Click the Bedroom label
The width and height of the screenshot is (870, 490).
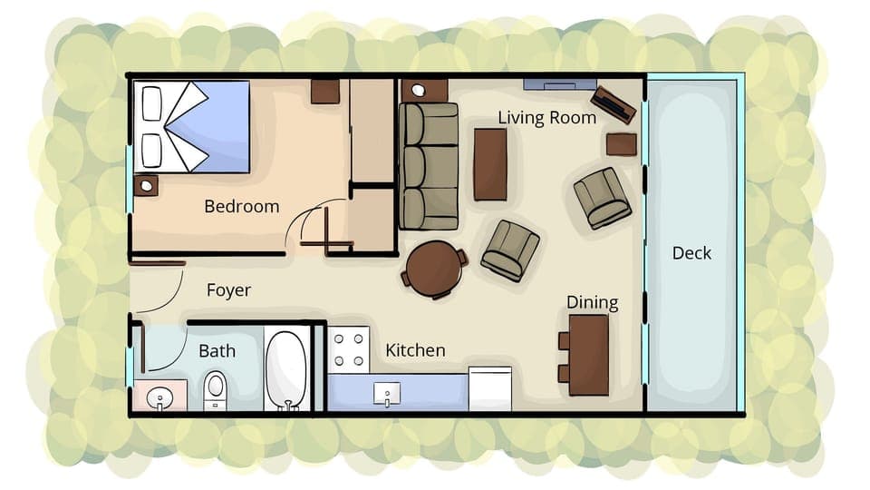[x=241, y=207]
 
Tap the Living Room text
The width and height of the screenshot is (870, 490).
[x=546, y=118]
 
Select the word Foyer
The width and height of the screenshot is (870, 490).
[x=228, y=290]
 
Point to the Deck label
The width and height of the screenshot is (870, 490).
[x=691, y=253]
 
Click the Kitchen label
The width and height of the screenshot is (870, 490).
[x=415, y=350]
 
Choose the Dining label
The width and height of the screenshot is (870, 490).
[x=592, y=303]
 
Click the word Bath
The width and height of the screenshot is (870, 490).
[x=217, y=350]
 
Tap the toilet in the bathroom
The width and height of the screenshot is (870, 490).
[x=215, y=389]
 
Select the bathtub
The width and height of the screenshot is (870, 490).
[x=287, y=370]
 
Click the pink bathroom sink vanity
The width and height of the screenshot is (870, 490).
[x=160, y=396]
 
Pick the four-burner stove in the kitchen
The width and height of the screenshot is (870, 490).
[x=349, y=349]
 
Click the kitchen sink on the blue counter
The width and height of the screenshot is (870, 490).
[x=387, y=393]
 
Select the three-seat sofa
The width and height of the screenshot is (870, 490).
[x=430, y=166]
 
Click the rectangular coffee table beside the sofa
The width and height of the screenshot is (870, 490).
[x=490, y=164]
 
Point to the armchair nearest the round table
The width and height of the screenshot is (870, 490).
[x=510, y=250]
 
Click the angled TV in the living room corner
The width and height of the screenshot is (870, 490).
[x=613, y=104]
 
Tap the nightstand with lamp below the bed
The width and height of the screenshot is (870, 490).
[x=146, y=185]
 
